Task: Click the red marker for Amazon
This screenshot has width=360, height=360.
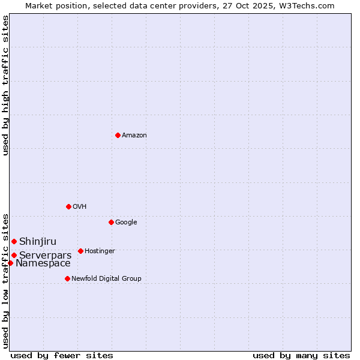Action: (x=118, y=135)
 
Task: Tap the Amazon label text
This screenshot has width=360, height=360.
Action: (x=134, y=136)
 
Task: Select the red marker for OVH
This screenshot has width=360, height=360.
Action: (x=68, y=206)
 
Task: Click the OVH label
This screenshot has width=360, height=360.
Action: (x=79, y=207)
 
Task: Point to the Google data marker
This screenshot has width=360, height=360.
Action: (x=111, y=222)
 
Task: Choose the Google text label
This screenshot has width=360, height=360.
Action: (x=126, y=223)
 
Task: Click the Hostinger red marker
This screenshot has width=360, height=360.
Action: (x=80, y=251)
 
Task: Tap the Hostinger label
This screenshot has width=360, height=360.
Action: (x=100, y=251)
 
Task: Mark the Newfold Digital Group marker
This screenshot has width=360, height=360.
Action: (x=67, y=278)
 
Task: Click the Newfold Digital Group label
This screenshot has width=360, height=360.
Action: (x=106, y=279)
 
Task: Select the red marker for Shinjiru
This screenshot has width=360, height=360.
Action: (x=14, y=241)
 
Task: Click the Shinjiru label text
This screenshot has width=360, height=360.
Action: (x=38, y=242)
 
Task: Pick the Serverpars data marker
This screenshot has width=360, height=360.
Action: (x=14, y=255)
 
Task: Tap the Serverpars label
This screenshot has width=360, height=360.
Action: (x=45, y=256)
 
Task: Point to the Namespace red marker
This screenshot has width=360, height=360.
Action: (x=10, y=263)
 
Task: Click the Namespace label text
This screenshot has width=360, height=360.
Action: (x=43, y=263)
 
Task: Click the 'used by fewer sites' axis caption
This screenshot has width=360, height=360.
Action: (x=62, y=355)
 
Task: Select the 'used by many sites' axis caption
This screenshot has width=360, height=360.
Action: (x=301, y=355)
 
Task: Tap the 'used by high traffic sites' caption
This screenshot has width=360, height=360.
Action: (x=5, y=85)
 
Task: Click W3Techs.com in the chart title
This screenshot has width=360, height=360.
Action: (x=305, y=5)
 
